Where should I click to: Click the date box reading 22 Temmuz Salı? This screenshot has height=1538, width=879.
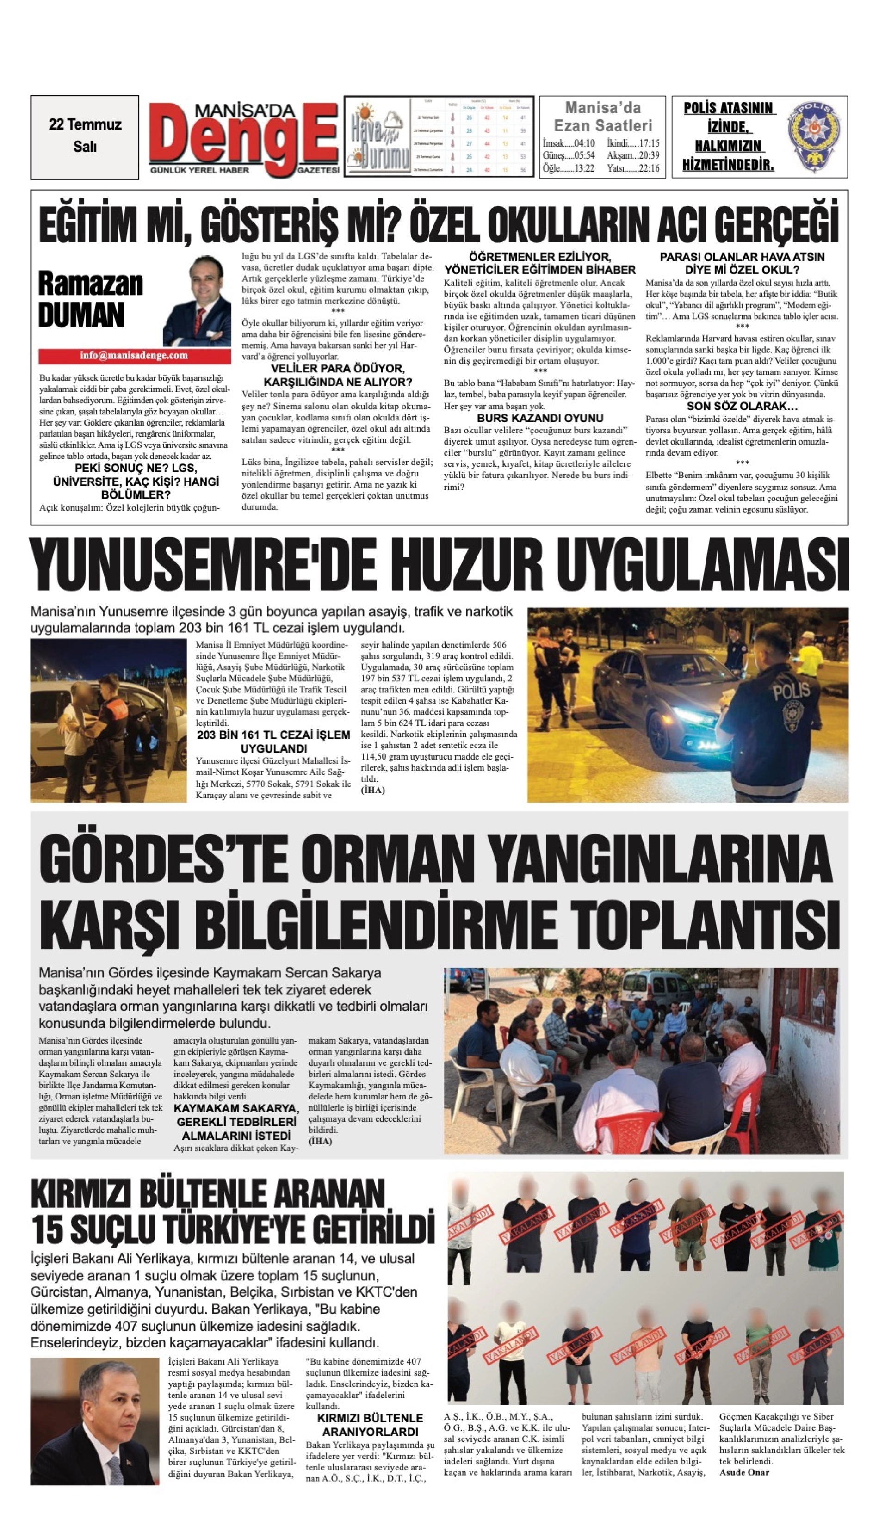(x=85, y=136)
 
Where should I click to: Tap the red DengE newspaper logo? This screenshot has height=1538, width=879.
(x=245, y=138)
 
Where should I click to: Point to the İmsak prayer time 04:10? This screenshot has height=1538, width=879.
(x=569, y=144)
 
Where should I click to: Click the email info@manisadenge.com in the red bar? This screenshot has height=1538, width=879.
(x=134, y=356)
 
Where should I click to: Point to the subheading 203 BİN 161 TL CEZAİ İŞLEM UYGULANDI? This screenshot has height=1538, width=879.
(x=273, y=741)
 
